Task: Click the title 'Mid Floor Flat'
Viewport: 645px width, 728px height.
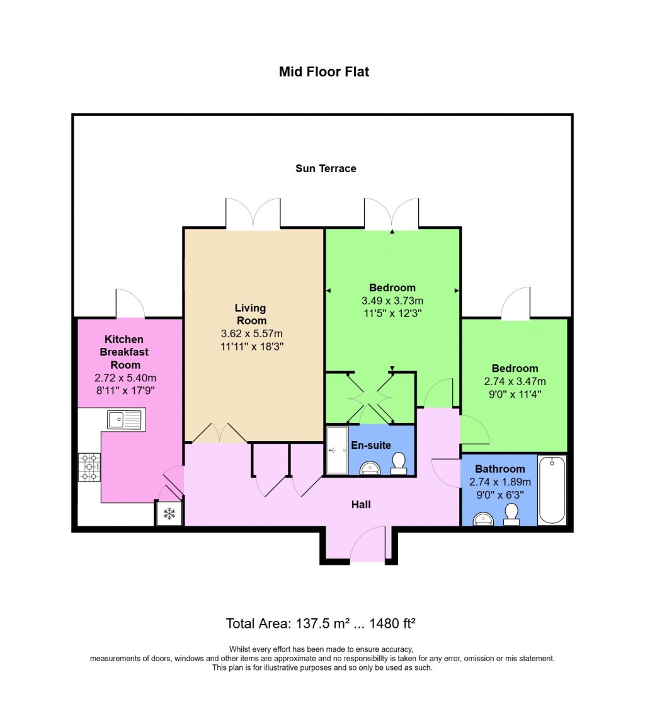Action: [x=324, y=72]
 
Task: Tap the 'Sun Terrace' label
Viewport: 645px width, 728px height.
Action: [x=326, y=168]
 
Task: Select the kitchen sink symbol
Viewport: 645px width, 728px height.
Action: [x=123, y=420]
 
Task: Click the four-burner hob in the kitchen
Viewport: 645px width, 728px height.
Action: [x=89, y=468]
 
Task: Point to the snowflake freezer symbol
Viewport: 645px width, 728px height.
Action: [x=169, y=513]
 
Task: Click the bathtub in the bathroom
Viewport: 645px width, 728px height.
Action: [x=552, y=489]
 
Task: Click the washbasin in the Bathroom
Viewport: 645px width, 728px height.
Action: [x=484, y=519]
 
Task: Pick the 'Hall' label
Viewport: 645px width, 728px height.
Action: [x=361, y=504]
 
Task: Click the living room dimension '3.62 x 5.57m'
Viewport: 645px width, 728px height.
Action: [x=251, y=333]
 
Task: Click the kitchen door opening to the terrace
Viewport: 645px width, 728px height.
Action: [x=130, y=304]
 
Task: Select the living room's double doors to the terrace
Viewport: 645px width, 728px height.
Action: [x=253, y=214]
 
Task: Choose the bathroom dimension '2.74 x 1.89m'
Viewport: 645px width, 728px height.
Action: [x=499, y=482]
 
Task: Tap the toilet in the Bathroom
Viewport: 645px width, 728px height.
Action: [x=511, y=514]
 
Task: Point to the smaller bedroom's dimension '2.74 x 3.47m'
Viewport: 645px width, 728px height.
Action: [x=515, y=381]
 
